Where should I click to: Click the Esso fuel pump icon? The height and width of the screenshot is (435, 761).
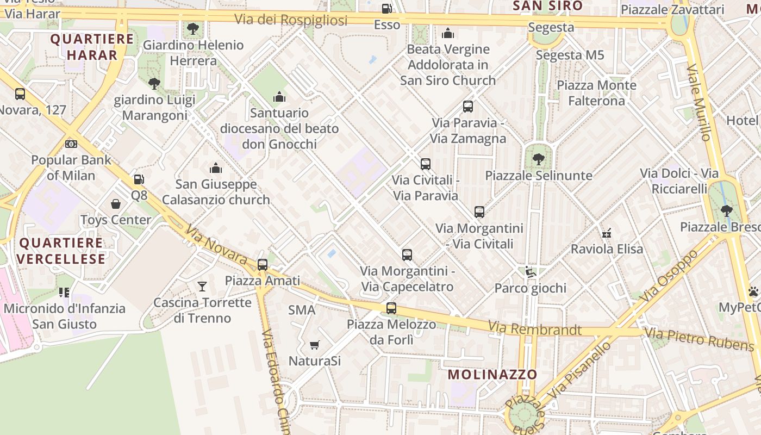point(386,9)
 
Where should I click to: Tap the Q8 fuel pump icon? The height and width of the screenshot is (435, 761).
point(139,179)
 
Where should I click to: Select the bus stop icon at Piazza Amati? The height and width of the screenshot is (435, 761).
point(263,265)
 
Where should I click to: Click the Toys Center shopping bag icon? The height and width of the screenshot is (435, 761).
point(116,204)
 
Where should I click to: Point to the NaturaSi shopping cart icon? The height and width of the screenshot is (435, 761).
point(314,345)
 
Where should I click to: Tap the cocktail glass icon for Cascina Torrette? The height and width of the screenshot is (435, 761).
point(202,286)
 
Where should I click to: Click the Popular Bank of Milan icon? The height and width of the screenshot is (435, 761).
point(71,144)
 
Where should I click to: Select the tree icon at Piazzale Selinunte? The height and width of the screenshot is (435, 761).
point(538,159)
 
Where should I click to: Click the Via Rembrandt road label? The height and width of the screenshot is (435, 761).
point(534,329)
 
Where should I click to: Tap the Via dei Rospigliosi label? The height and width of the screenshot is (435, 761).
point(291,20)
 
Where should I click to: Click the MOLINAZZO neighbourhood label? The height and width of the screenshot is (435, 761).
point(492,374)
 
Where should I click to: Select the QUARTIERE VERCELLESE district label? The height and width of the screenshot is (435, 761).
point(61,251)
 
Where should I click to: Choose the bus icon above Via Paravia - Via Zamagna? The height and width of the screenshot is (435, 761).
point(468,107)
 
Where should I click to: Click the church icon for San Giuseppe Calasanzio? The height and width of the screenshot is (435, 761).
point(216,168)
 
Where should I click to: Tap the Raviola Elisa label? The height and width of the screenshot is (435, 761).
point(607,249)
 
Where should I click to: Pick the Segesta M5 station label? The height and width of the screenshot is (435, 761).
point(570,55)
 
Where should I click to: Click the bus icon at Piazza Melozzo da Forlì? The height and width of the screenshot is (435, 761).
point(391,308)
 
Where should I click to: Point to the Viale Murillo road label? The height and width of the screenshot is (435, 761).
point(700,103)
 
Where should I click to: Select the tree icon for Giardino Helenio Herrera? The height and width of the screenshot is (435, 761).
point(192,29)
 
